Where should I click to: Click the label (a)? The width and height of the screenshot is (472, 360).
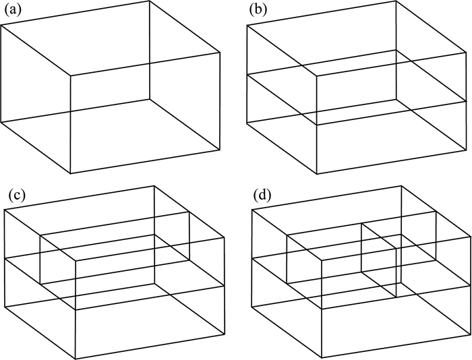12,9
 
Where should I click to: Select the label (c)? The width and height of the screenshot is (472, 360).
16,196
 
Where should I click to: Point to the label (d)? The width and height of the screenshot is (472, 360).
262,196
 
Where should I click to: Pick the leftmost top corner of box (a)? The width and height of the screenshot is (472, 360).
1,25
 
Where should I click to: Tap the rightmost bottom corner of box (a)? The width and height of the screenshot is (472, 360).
220,150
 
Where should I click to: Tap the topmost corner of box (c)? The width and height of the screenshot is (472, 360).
155,187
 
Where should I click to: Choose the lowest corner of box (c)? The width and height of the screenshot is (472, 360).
76,358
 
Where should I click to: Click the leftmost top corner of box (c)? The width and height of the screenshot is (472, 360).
5,210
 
